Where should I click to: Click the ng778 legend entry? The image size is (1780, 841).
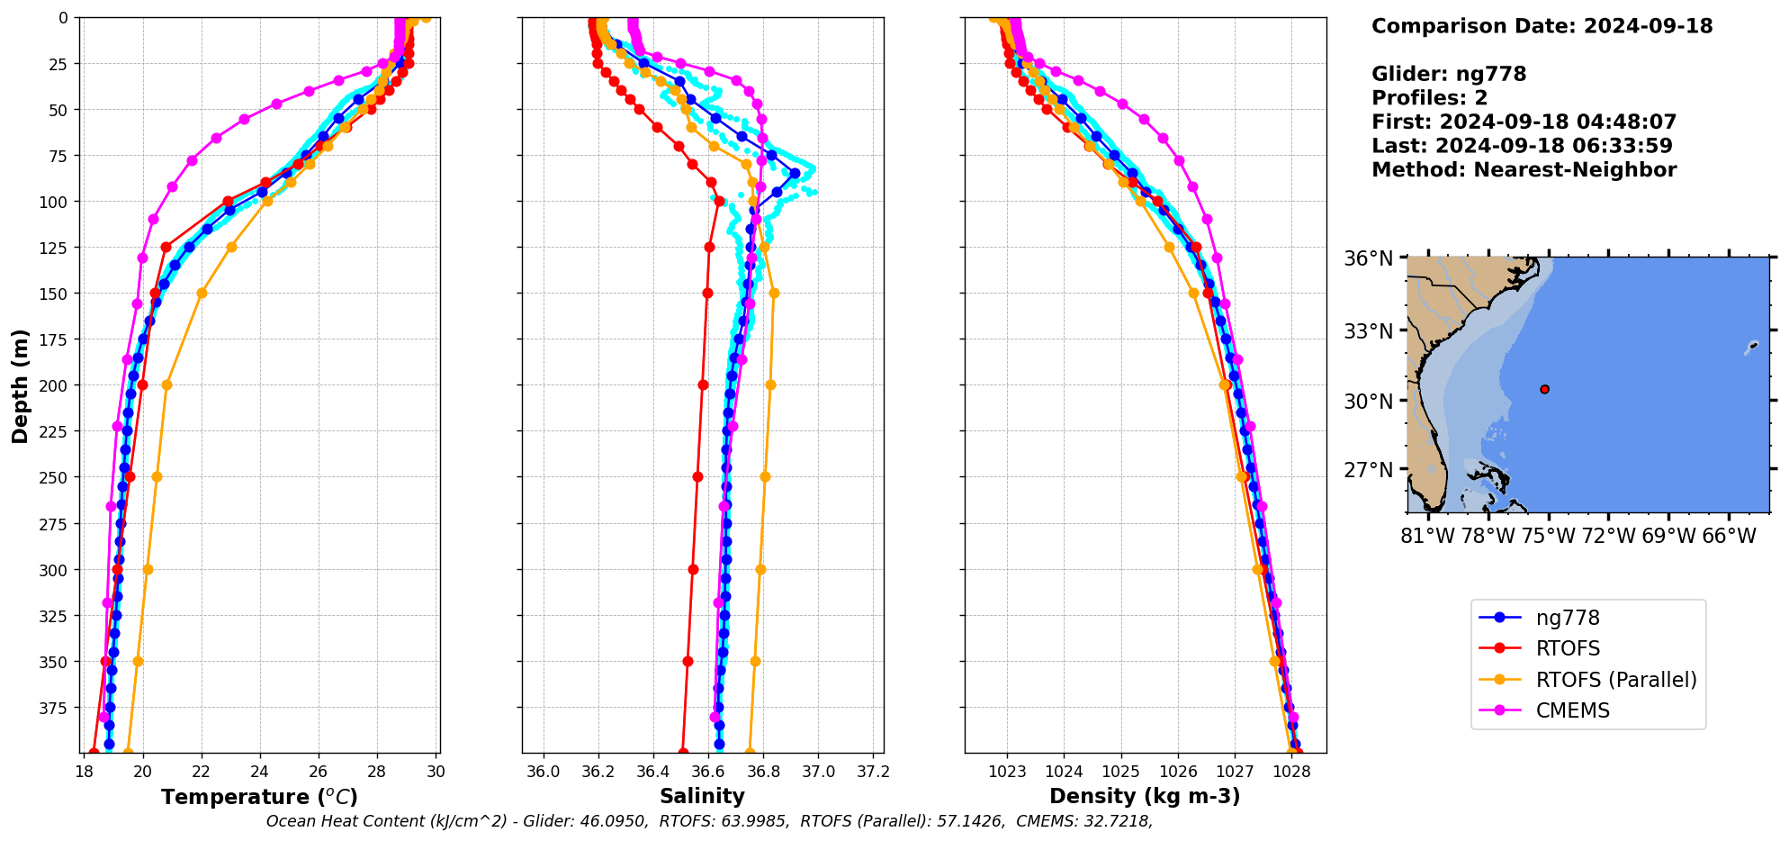point(1567,618)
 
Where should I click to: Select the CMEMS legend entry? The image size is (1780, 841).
point(1572,710)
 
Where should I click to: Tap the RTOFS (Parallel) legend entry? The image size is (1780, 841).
point(1615,680)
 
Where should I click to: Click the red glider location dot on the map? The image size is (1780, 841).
point(1544,389)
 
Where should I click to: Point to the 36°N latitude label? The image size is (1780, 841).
point(1368,259)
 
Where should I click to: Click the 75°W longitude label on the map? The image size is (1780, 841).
point(1549,537)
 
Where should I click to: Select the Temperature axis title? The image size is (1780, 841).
point(259,797)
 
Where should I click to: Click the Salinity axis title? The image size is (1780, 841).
point(702,796)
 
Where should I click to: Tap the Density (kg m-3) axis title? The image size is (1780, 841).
point(1145,796)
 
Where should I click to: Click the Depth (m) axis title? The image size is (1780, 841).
point(20,385)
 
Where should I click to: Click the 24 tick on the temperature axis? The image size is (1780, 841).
point(260,772)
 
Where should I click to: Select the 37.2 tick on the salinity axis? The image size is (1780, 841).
point(873,772)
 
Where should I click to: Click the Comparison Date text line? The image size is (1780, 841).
point(1542,26)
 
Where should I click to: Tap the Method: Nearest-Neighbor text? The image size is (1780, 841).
point(1524,170)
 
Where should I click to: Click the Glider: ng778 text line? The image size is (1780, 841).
point(1449,74)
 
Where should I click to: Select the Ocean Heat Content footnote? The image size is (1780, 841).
point(709,821)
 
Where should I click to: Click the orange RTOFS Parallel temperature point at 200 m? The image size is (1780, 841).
point(166,384)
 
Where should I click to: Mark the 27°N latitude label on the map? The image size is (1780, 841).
point(1368,470)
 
